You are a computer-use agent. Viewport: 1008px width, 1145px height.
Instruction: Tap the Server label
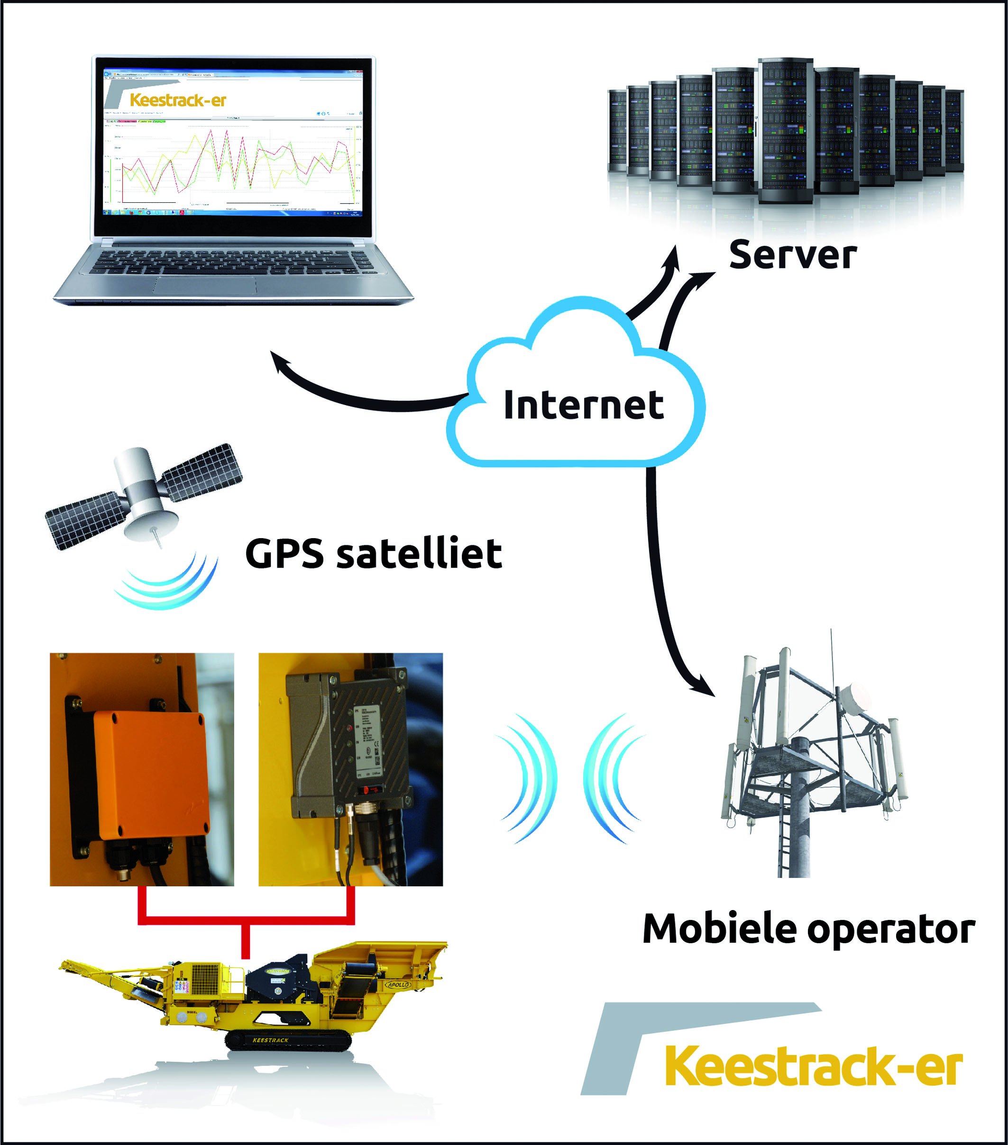click(x=792, y=255)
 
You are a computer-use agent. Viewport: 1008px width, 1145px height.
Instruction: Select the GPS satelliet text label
click(x=373, y=553)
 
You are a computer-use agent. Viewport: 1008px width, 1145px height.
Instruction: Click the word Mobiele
click(x=719, y=929)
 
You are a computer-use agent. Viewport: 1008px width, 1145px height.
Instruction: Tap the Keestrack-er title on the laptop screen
click(x=178, y=100)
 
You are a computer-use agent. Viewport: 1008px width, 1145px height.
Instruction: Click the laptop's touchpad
click(x=205, y=285)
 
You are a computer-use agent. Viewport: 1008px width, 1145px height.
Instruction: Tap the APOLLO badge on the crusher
click(x=397, y=984)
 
